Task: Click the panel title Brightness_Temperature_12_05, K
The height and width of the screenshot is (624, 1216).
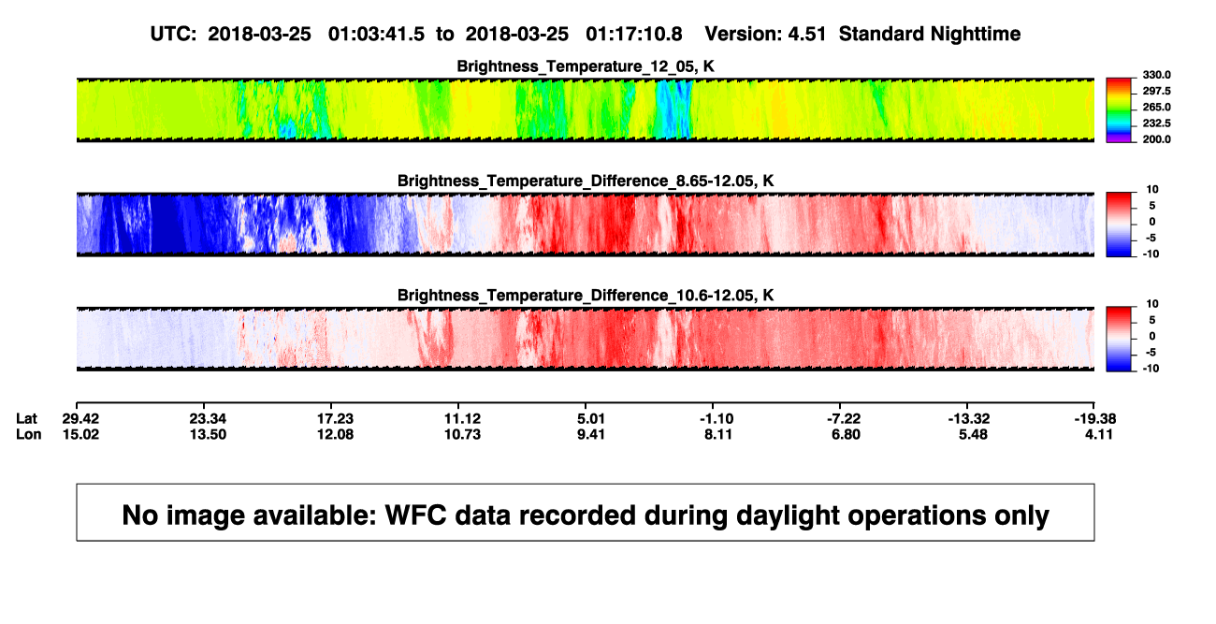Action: point(586,66)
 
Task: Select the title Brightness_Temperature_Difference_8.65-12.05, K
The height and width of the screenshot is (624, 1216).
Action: point(586,181)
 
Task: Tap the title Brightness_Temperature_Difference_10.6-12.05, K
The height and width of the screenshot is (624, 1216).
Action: point(586,296)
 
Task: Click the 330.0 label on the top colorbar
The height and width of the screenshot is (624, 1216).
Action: point(1156,75)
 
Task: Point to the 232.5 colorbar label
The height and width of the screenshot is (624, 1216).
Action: point(1156,123)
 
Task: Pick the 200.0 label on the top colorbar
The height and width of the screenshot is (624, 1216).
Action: point(1156,139)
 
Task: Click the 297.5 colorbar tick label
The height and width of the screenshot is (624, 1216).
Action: point(1156,92)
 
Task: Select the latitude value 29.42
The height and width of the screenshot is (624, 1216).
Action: point(80,419)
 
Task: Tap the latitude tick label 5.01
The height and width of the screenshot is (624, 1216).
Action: point(590,419)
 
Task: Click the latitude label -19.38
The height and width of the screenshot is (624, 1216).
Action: point(1095,419)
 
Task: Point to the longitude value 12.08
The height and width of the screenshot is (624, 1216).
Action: point(335,434)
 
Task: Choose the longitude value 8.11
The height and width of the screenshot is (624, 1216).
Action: point(718,434)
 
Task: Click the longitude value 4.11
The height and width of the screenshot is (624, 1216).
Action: point(1099,434)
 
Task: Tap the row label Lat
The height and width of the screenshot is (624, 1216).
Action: point(26,419)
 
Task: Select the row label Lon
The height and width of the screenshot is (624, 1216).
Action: point(28,434)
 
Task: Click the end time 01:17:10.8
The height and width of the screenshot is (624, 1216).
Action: point(633,35)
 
